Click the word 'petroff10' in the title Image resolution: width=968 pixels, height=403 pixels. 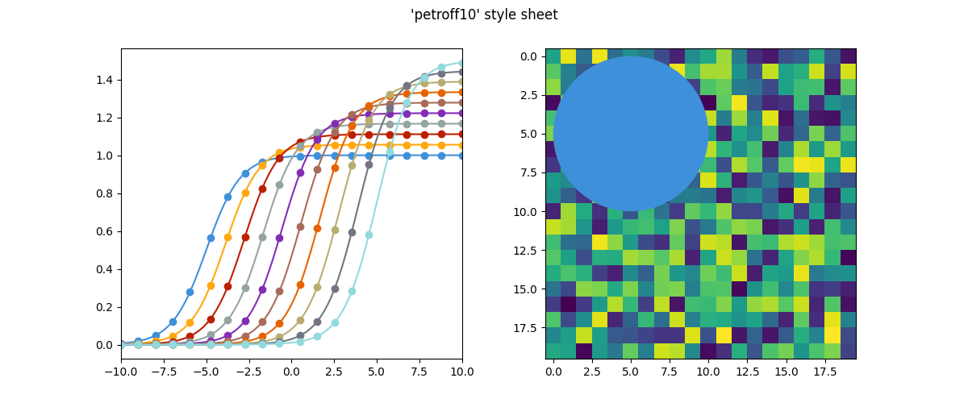click(x=443, y=15)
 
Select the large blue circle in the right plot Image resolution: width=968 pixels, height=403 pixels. click(x=631, y=133)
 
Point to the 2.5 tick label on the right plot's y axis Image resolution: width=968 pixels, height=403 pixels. click(x=528, y=95)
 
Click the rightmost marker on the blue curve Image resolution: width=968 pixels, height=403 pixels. click(x=462, y=156)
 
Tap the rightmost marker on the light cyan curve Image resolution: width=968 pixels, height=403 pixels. click(x=462, y=62)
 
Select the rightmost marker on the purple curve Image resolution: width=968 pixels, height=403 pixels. click(x=462, y=114)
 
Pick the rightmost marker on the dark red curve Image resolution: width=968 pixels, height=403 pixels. click(x=462, y=135)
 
